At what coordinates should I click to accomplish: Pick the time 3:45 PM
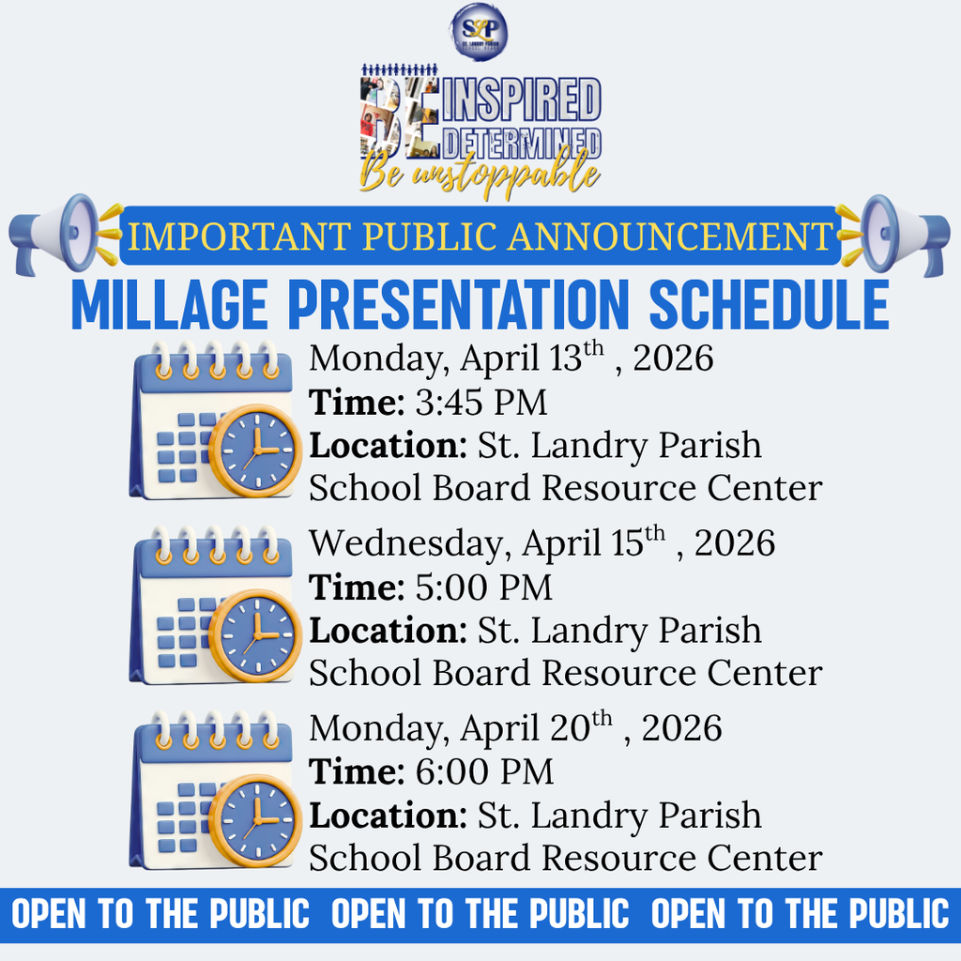(x=480, y=403)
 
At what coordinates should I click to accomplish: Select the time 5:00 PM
(x=483, y=587)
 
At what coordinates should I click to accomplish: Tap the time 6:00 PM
(x=484, y=772)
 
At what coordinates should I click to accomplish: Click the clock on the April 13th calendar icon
(x=254, y=450)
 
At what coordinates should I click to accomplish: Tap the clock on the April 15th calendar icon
(x=254, y=635)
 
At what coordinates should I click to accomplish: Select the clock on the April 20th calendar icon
(x=254, y=820)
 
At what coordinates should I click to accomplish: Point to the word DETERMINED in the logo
(x=527, y=141)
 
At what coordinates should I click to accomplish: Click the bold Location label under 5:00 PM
(x=388, y=631)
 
